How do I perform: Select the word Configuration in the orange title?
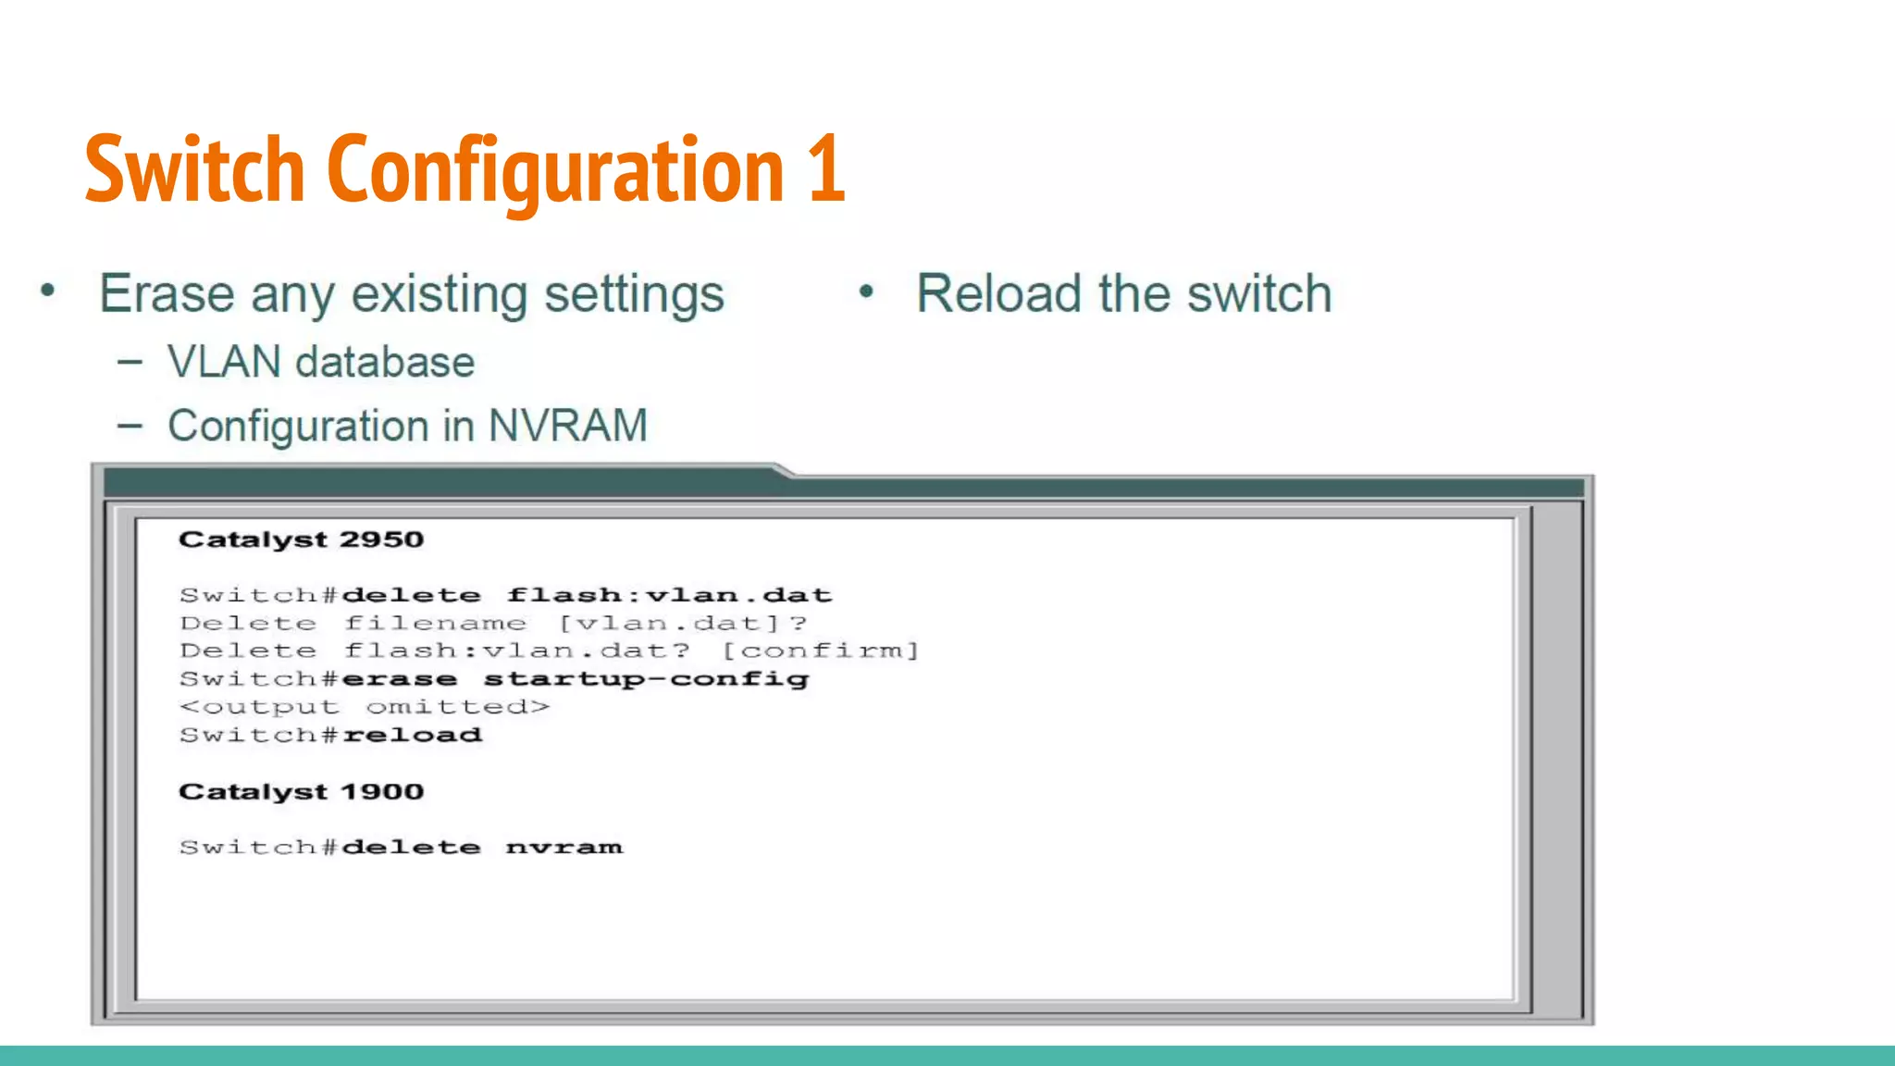click(556, 171)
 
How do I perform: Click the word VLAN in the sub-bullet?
click(224, 362)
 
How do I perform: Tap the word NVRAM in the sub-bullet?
click(567, 427)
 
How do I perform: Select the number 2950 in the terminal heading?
click(381, 539)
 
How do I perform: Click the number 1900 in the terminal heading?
click(381, 792)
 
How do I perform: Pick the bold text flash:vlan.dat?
click(669, 595)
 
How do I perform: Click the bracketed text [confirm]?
click(820, 651)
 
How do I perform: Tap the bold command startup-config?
click(646, 679)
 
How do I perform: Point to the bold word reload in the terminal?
click(413, 736)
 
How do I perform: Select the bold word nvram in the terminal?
click(564, 848)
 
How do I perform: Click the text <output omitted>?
click(365, 708)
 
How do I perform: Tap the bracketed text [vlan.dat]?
click(683, 624)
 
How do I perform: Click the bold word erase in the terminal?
click(400, 679)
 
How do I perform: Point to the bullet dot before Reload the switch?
click(866, 292)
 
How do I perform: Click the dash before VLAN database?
click(130, 363)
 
